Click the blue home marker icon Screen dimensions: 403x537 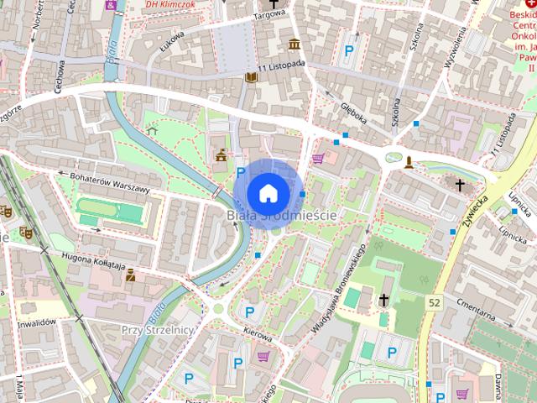tap(268, 192)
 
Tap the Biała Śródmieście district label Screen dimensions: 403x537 tap(282, 216)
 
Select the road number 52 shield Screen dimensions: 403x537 tap(433, 302)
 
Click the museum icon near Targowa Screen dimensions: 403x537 tap(295, 44)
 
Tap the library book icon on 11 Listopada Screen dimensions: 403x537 tap(250, 77)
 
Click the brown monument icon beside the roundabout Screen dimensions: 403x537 tap(409, 161)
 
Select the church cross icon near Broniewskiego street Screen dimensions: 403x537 tap(383, 299)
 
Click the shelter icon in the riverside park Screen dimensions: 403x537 tap(152, 130)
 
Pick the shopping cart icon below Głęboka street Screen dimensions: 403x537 tap(318, 157)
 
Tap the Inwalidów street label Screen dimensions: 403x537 tap(36, 322)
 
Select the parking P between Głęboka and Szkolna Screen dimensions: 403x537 tap(348, 50)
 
